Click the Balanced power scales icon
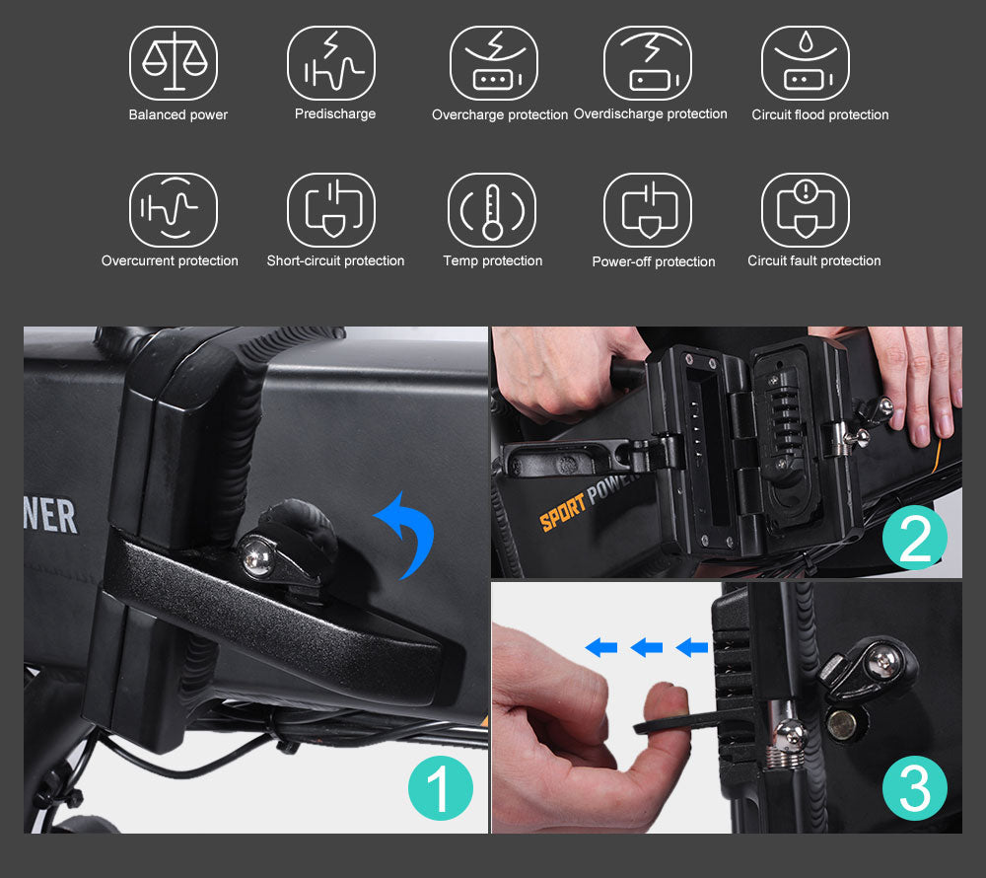[x=174, y=63]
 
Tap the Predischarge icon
[x=331, y=63]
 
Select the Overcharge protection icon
[x=494, y=63]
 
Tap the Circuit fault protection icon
[x=806, y=210]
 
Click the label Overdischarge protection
[x=650, y=113]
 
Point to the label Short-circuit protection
[x=336, y=260]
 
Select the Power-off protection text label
[x=654, y=261]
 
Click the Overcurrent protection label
[x=170, y=260]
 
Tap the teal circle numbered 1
[x=440, y=788]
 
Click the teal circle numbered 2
[x=915, y=537]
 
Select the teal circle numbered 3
[x=915, y=788]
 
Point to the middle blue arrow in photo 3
[x=647, y=646]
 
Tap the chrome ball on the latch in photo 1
[x=256, y=556]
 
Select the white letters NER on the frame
[x=50, y=516]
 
